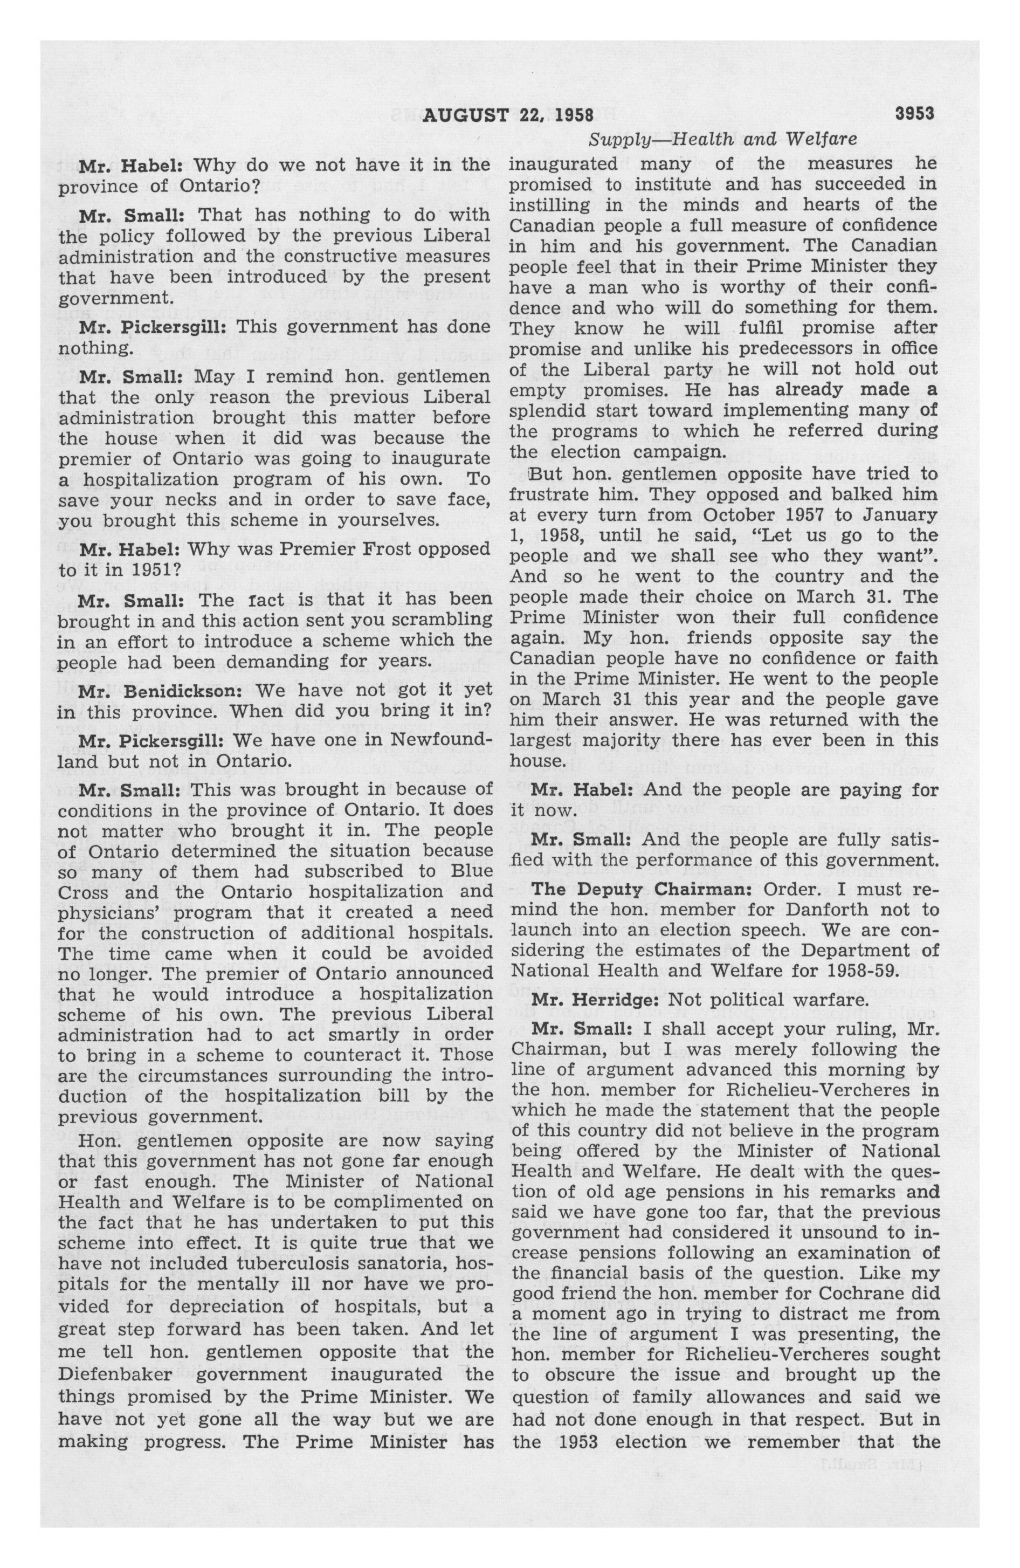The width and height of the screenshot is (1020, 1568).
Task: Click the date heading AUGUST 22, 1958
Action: pos(508,116)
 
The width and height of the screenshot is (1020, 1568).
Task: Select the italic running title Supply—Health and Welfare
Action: pos(723,140)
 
